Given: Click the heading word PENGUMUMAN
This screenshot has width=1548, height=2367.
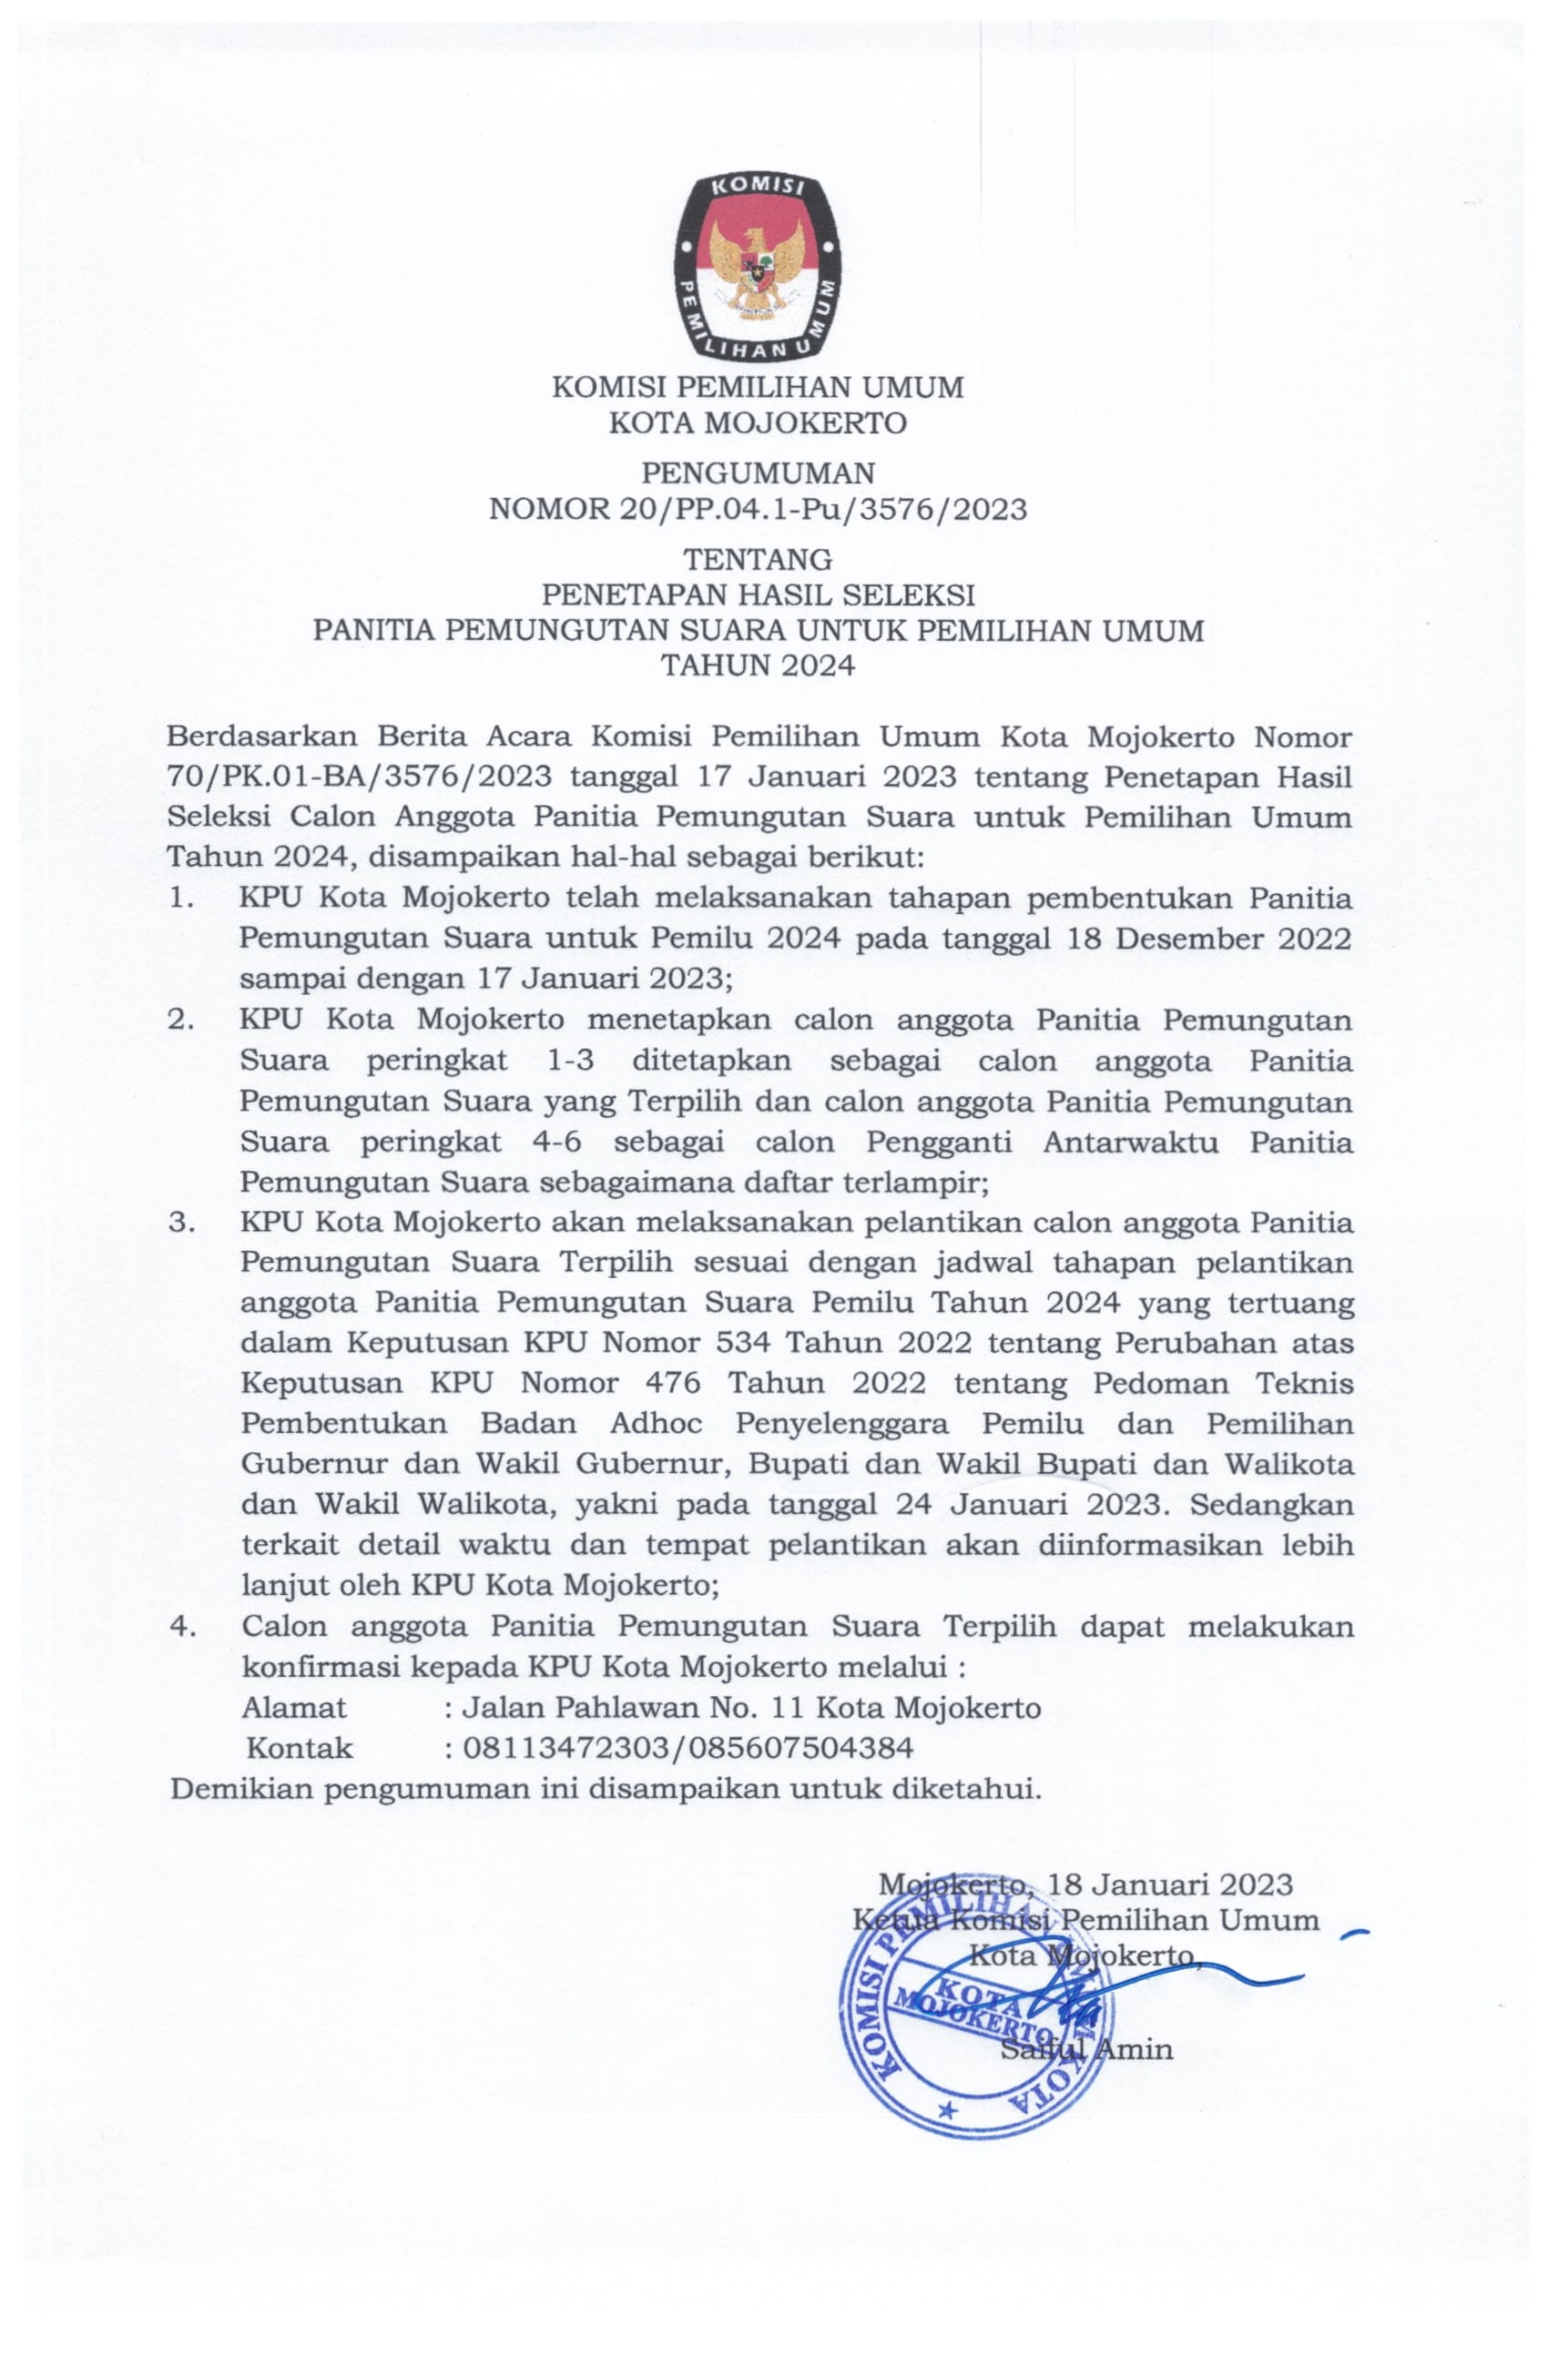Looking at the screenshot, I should click(x=757, y=472).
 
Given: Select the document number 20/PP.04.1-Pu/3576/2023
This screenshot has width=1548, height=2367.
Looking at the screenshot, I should click(x=820, y=509).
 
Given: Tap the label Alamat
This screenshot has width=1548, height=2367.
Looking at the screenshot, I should click(x=294, y=1708).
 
